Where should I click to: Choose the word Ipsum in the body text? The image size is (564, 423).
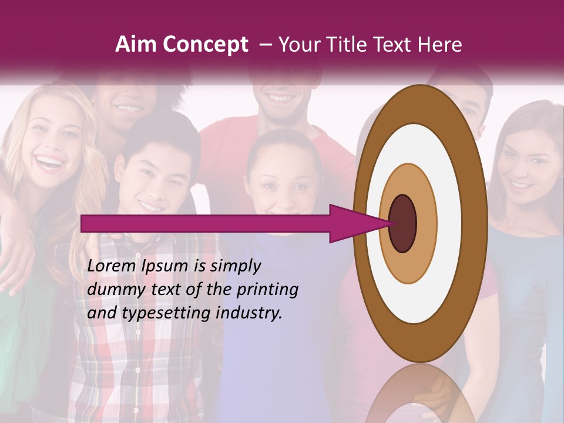pyautogui.click(x=166, y=266)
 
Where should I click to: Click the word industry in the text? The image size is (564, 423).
pyautogui.click(x=249, y=313)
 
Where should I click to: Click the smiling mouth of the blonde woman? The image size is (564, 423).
pyautogui.click(x=51, y=161)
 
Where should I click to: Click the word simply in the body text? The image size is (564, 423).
pyautogui.click(x=234, y=266)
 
